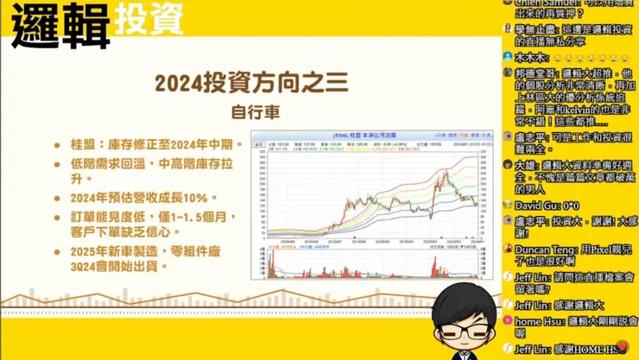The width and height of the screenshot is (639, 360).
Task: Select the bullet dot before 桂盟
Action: (57, 146)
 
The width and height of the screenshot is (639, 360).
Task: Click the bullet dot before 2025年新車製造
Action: (57, 250)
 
